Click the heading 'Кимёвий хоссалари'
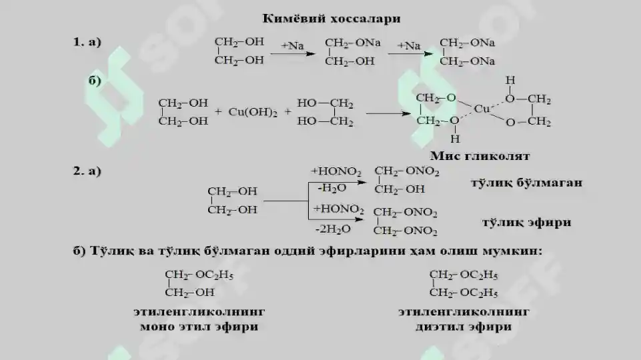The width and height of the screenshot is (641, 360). (331, 19)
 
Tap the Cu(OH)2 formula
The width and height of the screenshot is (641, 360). (253, 113)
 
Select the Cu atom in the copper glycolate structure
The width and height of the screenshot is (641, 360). (482, 109)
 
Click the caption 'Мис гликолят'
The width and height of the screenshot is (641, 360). (480, 156)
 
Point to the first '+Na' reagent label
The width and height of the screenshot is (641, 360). (292, 46)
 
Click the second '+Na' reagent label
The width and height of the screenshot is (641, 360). (409, 46)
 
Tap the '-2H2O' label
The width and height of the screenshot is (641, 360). (333, 229)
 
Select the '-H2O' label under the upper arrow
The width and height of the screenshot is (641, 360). (332, 188)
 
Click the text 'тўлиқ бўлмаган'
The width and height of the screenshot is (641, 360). (526, 183)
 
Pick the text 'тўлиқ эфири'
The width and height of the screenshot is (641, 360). (526, 223)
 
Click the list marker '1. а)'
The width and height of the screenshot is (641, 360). (87, 42)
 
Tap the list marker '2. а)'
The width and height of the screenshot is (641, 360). (87, 171)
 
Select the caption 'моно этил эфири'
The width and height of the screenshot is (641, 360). (199, 327)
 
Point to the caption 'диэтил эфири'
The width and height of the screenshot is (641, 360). (464, 327)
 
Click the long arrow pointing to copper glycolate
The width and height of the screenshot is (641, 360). (388, 113)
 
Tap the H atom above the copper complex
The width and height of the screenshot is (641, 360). (510, 80)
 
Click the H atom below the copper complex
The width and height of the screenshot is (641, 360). (455, 139)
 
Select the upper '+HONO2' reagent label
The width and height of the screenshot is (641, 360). (336, 171)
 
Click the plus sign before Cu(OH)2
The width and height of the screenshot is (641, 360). (218, 111)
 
